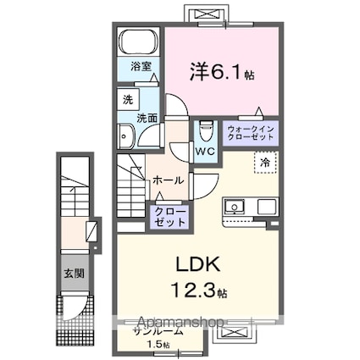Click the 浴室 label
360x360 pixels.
pos(140,66)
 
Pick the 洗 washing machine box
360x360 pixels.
pos(125,97)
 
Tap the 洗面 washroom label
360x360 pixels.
pos(147,118)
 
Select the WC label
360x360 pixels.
pos(205,152)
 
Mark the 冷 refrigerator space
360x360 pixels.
pos(265,161)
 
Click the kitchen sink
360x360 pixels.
pos(235,206)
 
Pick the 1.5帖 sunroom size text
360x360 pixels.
pos(157,346)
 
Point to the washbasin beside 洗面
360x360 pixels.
pos(127,137)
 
